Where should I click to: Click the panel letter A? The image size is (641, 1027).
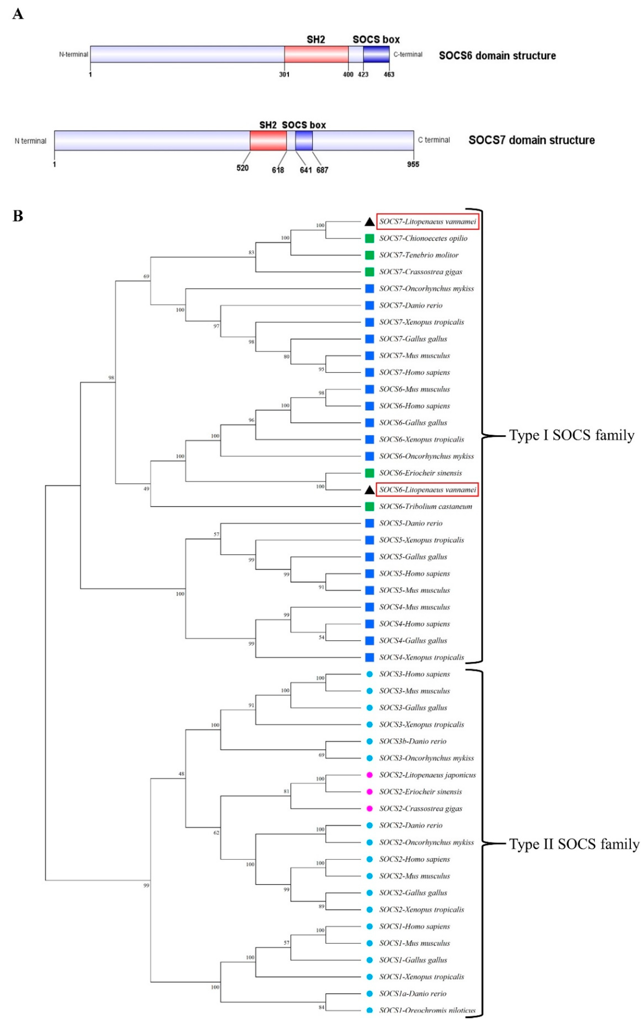(18, 14)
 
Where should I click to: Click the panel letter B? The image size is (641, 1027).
(18, 216)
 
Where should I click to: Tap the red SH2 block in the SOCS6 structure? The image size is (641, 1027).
(316, 54)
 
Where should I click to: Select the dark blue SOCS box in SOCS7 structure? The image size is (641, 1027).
(304, 140)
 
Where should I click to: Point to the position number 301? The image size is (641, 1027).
(284, 75)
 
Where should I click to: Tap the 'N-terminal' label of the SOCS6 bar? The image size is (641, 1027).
(73, 54)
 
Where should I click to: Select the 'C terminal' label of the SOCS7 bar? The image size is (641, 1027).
(434, 140)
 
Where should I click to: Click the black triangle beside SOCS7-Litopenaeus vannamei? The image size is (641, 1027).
(369, 222)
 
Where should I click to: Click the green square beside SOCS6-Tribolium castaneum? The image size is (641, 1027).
(369, 506)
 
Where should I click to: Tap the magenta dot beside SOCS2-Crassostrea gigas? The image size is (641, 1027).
(369, 808)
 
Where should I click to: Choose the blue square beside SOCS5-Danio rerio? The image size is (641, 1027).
(369, 523)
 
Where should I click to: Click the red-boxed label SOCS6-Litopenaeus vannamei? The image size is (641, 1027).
(427, 490)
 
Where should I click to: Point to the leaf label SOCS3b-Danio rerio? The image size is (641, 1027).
(413, 741)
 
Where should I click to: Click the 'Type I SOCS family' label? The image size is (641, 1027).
(572, 435)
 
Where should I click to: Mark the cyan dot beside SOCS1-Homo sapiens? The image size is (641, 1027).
(369, 927)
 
